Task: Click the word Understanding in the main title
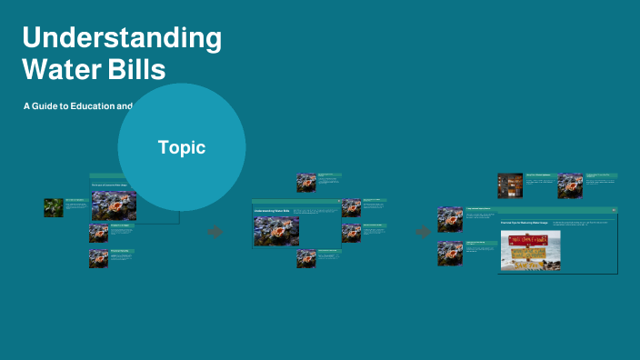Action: (122, 39)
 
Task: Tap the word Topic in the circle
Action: (182, 147)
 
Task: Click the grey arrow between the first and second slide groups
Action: (215, 232)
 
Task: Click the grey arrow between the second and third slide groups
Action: (423, 232)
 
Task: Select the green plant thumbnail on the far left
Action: (54, 208)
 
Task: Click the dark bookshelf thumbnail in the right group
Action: (510, 185)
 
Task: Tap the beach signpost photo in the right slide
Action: (530, 250)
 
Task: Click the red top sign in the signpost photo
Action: (530, 239)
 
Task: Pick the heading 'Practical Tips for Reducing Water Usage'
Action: (525, 222)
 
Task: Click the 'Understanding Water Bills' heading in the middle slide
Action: (272, 212)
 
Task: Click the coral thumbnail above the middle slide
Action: (306, 182)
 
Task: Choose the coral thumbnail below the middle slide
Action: (306, 258)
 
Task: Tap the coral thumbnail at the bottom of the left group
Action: (98, 258)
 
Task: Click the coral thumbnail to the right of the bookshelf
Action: (570, 185)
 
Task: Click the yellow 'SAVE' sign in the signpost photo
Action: (530, 255)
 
